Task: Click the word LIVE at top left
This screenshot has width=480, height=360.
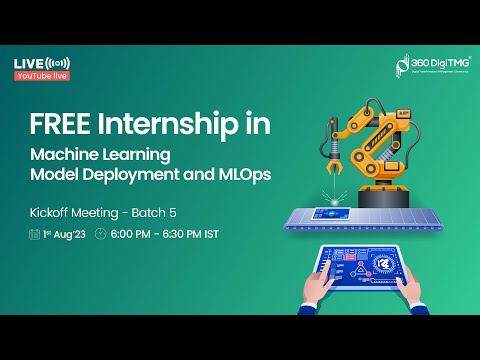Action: pos(28,64)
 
